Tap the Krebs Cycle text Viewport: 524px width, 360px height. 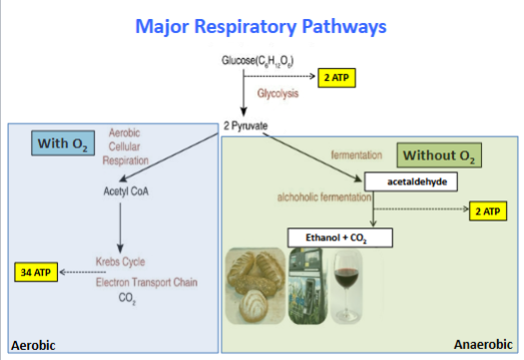[121, 261]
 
